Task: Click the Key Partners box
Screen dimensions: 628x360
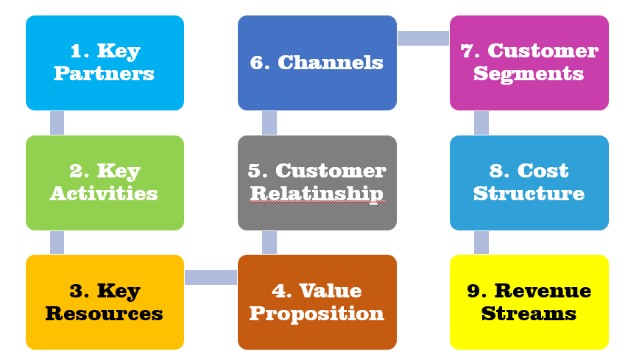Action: [105, 63]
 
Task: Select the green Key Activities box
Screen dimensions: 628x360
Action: [105, 183]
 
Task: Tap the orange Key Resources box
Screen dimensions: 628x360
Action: [105, 303]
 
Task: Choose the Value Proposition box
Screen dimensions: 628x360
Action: [317, 303]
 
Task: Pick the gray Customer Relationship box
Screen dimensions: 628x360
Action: [317, 183]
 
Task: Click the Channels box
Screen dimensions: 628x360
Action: [317, 63]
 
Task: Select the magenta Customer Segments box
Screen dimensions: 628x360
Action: [529, 63]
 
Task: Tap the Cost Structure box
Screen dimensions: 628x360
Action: [529, 183]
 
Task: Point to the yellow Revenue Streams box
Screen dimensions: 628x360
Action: [529, 303]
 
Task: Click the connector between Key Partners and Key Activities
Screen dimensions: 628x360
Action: [57, 123]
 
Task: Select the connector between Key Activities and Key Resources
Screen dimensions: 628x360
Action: [57, 243]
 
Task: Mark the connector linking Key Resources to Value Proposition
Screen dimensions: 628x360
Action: [211, 278]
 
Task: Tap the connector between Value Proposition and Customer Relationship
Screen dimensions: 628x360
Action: [269, 243]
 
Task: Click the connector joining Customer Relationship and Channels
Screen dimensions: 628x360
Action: [269, 123]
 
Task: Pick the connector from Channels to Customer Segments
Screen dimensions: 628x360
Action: [423, 38]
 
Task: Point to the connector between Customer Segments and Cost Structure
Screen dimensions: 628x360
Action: [481, 123]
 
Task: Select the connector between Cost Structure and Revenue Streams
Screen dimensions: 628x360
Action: [481, 243]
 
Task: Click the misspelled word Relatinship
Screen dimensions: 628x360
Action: [317, 194]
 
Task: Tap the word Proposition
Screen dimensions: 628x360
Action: [317, 314]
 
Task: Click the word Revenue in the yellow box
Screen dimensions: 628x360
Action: [543, 291]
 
